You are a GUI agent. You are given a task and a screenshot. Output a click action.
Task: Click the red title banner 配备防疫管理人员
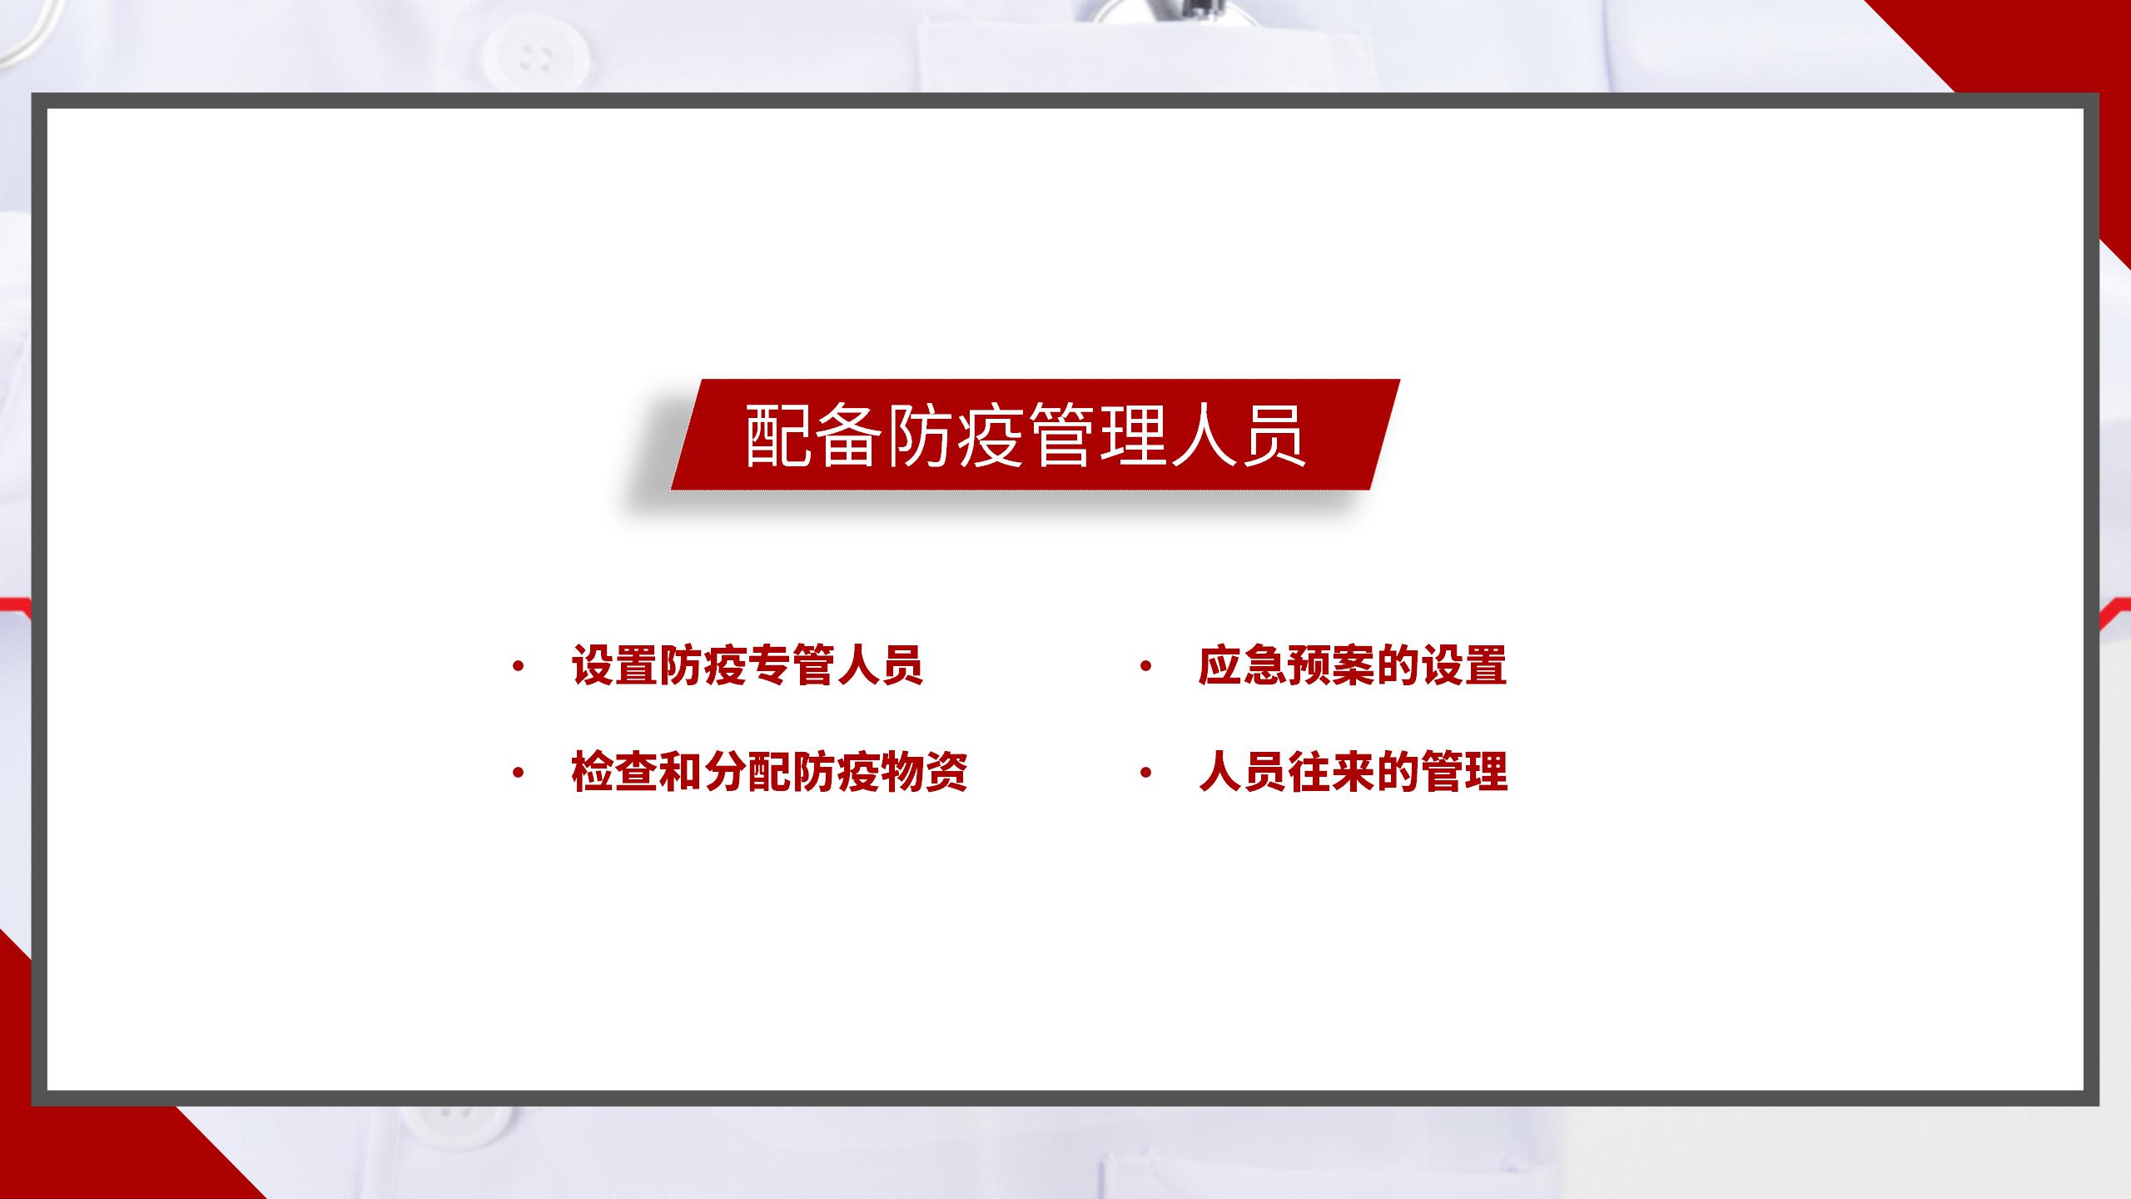click(1036, 435)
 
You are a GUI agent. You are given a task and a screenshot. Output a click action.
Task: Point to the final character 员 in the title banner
click(1272, 435)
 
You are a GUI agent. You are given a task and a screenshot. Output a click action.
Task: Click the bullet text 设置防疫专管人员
click(748, 666)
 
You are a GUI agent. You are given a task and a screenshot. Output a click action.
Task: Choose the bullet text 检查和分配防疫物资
click(769, 772)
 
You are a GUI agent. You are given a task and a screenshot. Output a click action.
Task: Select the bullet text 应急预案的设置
click(1353, 666)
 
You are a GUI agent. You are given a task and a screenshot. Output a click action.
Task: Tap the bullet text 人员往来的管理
click(1353, 772)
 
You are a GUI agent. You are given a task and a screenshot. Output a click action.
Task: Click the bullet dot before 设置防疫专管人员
click(519, 666)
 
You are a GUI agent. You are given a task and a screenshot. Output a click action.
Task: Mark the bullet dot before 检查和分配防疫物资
click(519, 773)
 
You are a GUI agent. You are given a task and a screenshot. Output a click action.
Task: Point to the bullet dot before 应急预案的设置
click(1145, 666)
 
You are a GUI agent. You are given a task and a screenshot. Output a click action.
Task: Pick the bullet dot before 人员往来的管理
click(1145, 773)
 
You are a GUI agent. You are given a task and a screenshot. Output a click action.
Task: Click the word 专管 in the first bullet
click(792, 666)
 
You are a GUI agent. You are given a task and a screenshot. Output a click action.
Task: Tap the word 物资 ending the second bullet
click(924, 772)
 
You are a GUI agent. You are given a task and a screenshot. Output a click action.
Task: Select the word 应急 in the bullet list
click(1242, 666)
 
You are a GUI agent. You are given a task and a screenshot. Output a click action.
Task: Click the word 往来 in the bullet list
click(1330, 772)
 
